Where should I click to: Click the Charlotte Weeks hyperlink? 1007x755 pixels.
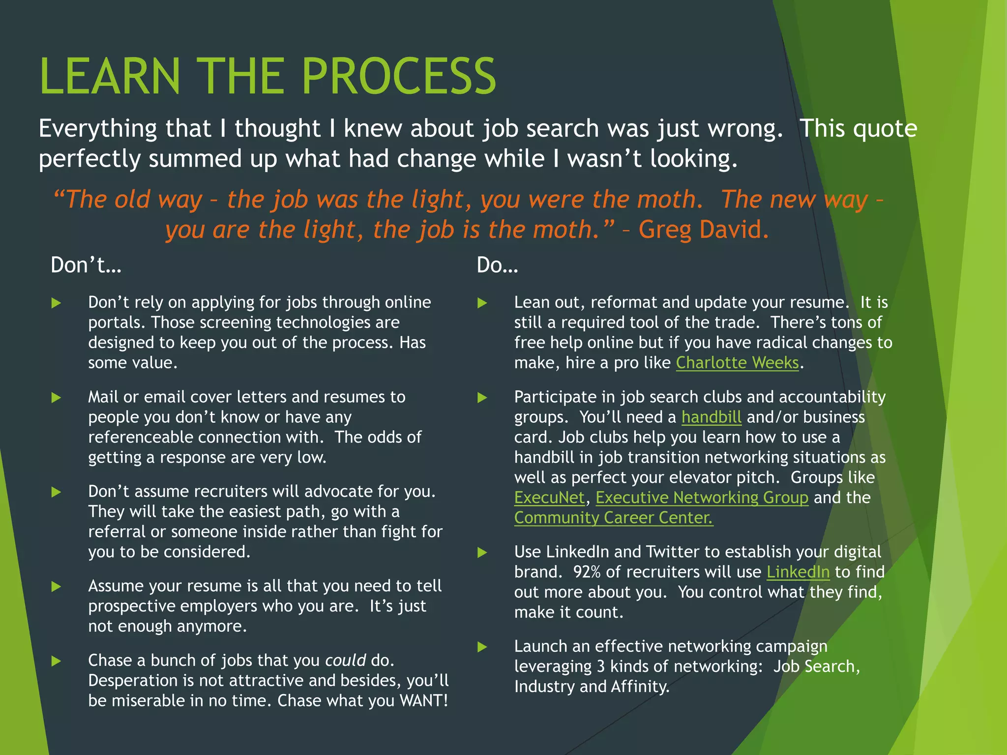tap(737, 363)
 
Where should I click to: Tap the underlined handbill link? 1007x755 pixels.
tap(711, 417)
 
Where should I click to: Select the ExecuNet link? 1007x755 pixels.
tap(549, 498)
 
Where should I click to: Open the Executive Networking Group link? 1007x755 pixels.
tap(702, 498)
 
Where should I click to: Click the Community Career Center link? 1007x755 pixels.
tap(613, 518)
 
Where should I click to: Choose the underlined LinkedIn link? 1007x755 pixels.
tap(798, 572)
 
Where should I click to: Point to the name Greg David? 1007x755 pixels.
tap(703, 230)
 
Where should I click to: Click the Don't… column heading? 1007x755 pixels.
tap(86, 265)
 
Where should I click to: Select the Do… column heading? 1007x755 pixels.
tap(497, 265)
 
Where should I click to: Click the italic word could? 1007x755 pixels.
tap(345, 660)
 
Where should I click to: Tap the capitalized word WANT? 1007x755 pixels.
tap(424, 700)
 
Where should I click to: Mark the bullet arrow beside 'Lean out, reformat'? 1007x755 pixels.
tap(482, 303)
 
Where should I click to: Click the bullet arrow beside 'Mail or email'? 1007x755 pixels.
tap(57, 398)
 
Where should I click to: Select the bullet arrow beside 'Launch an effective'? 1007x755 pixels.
tap(482, 647)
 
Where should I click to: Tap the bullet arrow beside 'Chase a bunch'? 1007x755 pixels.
tap(57, 661)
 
